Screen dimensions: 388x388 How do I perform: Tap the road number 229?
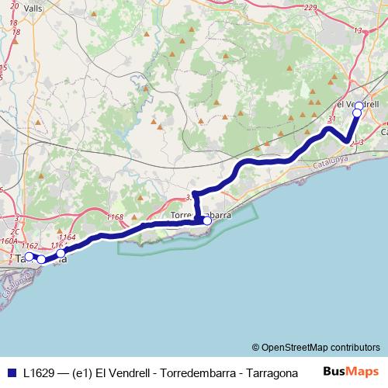coord(311,8)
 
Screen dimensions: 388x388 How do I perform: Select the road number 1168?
coord(116,217)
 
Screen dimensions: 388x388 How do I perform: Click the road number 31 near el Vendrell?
coord(331,119)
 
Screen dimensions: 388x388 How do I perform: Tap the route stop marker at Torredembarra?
coord(207,220)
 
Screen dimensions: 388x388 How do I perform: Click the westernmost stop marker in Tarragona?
coord(29,256)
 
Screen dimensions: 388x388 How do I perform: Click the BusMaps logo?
coord(352,372)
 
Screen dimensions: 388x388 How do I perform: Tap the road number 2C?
coord(15,232)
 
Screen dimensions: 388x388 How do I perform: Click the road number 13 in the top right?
coord(358,30)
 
